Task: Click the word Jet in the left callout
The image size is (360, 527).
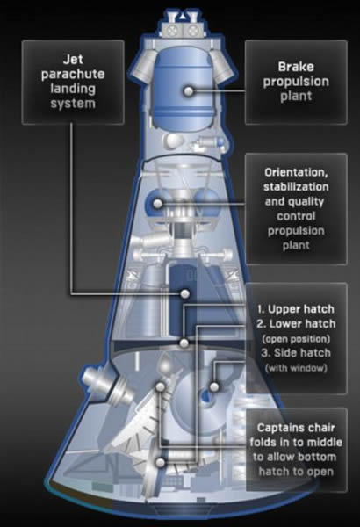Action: (73, 60)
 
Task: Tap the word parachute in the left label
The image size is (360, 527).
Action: (73, 75)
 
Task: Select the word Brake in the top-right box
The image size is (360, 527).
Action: (296, 67)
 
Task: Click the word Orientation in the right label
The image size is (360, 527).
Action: (296, 172)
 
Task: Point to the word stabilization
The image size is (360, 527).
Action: (296, 186)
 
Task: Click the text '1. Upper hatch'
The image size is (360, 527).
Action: (296, 309)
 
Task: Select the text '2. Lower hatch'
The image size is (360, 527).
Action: (296, 323)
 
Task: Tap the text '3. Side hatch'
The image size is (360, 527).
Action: (296, 353)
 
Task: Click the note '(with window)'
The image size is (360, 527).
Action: (296, 368)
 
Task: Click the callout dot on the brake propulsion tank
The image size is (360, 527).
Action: (189, 91)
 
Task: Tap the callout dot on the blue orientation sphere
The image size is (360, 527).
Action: (158, 204)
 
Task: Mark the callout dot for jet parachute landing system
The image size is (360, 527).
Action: (184, 293)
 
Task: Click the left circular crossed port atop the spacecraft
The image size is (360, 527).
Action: (172, 30)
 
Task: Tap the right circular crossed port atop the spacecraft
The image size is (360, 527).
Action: (192, 30)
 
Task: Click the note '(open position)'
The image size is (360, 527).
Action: (296, 338)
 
